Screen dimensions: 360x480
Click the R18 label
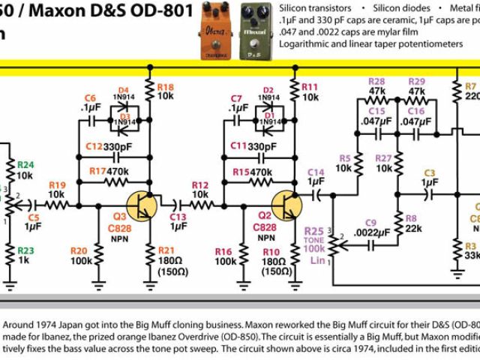click(x=164, y=88)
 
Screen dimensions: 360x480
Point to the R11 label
click(x=310, y=88)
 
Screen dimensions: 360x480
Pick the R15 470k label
click(x=251, y=172)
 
